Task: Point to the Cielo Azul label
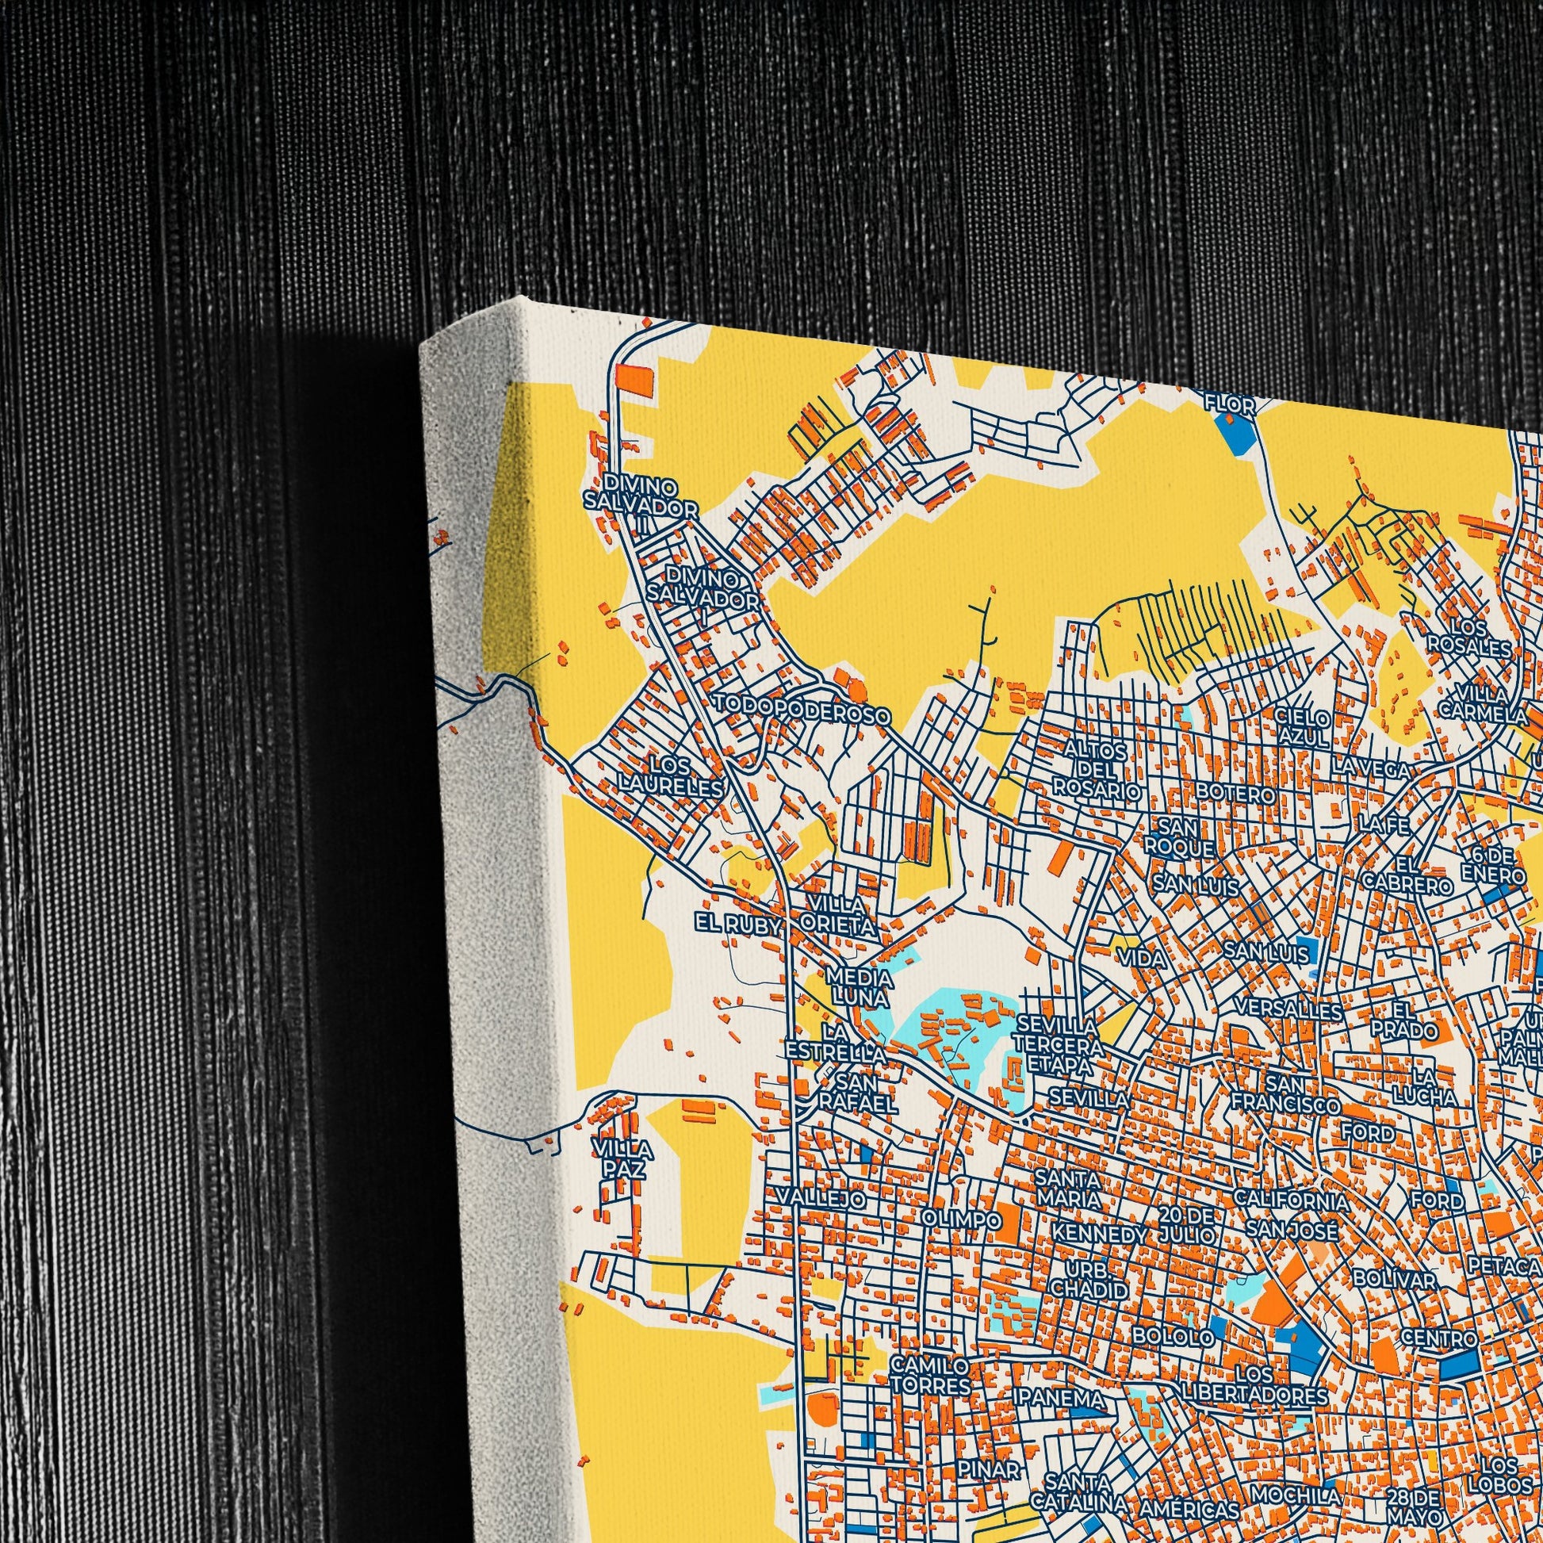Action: click(1302, 727)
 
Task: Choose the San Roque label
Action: click(1179, 836)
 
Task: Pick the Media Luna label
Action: click(860, 987)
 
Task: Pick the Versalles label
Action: click(1288, 1009)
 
